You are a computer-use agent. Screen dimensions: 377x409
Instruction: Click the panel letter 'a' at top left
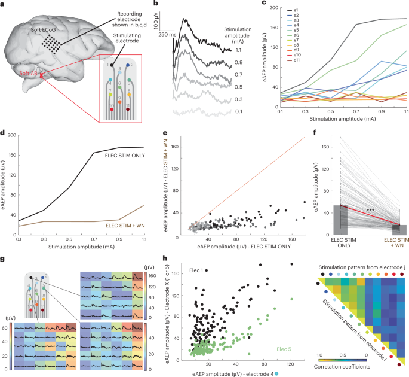[x=4, y=4]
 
